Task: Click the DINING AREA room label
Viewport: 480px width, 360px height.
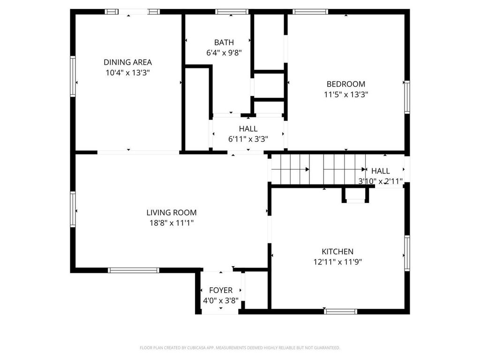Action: (x=127, y=62)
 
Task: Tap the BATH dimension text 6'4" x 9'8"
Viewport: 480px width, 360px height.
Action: (x=224, y=53)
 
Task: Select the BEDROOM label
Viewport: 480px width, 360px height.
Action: (x=346, y=84)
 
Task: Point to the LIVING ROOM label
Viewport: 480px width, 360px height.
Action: (x=172, y=213)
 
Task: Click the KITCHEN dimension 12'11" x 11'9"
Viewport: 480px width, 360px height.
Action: (x=337, y=262)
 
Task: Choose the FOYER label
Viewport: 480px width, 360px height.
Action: (x=221, y=291)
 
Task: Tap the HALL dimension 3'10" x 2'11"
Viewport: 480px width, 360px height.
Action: (x=381, y=181)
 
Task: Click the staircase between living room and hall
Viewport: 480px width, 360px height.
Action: (x=319, y=169)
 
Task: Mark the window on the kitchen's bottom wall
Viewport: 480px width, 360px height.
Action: (x=341, y=311)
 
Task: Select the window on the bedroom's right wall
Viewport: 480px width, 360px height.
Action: (x=407, y=97)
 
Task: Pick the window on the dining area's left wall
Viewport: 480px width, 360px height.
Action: (x=73, y=76)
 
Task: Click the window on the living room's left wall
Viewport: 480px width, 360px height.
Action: (x=73, y=209)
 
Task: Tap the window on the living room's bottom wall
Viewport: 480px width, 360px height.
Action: (x=134, y=270)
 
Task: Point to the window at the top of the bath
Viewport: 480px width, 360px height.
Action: (x=232, y=12)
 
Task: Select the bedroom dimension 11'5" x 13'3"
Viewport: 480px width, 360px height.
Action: (x=346, y=94)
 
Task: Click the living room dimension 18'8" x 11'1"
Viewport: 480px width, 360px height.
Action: (x=172, y=223)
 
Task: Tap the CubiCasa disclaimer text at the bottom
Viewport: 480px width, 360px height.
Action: (x=240, y=348)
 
